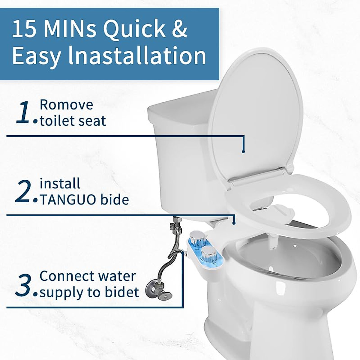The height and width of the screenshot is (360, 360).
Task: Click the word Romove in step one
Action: (66, 105)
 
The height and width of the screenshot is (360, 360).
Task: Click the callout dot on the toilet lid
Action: (243, 151)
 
